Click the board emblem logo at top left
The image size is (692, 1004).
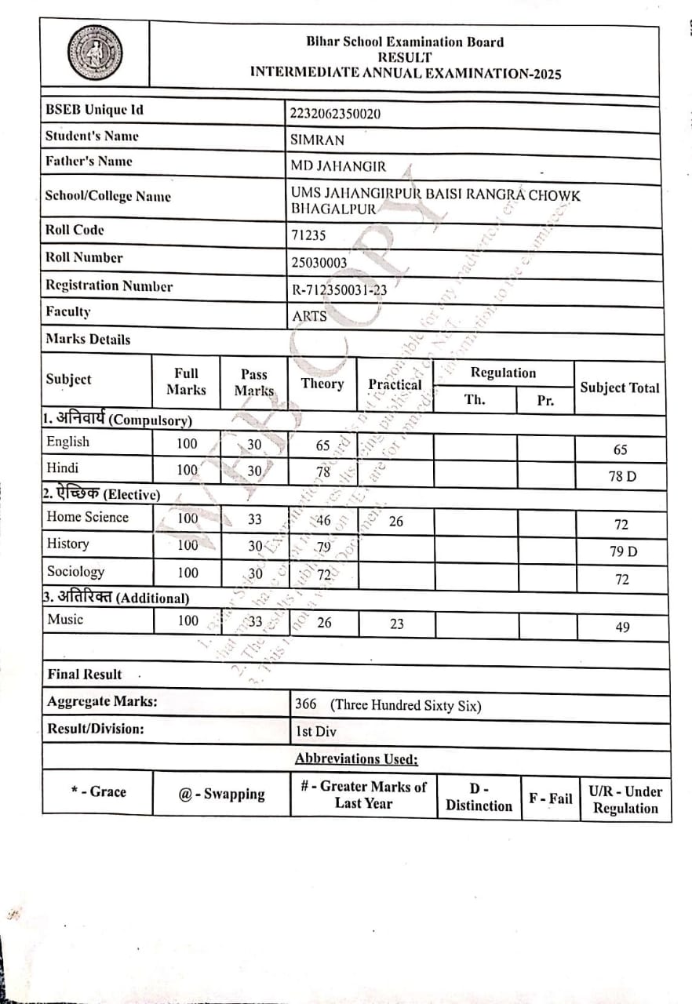point(95,53)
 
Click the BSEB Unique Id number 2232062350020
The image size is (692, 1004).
point(336,114)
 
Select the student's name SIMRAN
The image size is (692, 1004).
point(317,140)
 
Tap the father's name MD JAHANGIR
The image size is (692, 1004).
point(338,166)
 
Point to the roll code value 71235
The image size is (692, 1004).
point(308,235)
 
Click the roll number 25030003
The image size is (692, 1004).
point(319,263)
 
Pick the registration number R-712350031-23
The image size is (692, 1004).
point(339,290)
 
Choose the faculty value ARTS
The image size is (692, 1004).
point(309,316)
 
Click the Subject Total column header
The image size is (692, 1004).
point(620,387)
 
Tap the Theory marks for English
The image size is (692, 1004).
point(323,446)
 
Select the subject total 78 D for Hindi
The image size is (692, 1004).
point(622,477)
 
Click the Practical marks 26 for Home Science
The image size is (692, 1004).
point(396,521)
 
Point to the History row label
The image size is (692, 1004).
point(68,544)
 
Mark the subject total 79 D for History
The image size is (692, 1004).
point(624,551)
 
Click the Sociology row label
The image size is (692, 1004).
point(75,572)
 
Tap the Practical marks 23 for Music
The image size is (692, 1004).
point(397,624)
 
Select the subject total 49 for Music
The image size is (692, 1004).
point(622,627)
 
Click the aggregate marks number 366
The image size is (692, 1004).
point(306,704)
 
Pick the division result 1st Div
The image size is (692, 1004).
point(315,732)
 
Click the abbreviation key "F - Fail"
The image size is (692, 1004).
point(551,798)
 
